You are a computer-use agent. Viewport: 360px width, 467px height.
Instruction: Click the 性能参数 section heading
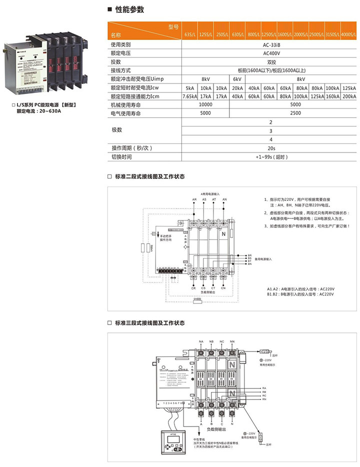click(x=129, y=9)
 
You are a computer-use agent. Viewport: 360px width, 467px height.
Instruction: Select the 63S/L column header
click(x=189, y=35)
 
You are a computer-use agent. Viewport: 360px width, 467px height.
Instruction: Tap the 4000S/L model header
click(x=348, y=35)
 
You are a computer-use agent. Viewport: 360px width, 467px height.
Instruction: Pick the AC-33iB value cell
click(x=271, y=44)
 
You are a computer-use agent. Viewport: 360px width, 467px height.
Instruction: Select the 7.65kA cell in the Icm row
click(x=189, y=96)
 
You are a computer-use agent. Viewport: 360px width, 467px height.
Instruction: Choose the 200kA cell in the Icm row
click(x=348, y=96)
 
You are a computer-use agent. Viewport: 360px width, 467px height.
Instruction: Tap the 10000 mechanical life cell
click(x=205, y=105)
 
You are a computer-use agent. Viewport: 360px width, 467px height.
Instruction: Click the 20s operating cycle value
click(x=271, y=148)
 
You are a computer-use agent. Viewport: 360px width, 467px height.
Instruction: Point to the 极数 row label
click(x=116, y=130)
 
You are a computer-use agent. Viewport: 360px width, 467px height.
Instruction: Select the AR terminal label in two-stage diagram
click(x=194, y=199)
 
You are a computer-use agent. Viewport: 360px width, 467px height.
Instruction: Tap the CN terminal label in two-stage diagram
click(x=223, y=288)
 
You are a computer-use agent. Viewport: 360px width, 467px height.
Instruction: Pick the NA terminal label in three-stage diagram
click(x=201, y=342)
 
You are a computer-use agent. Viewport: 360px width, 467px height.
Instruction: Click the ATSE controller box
click(x=172, y=440)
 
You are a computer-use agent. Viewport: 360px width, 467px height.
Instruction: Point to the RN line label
click(x=263, y=400)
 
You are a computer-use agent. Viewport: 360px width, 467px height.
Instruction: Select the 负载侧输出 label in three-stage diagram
click(x=216, y=428)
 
